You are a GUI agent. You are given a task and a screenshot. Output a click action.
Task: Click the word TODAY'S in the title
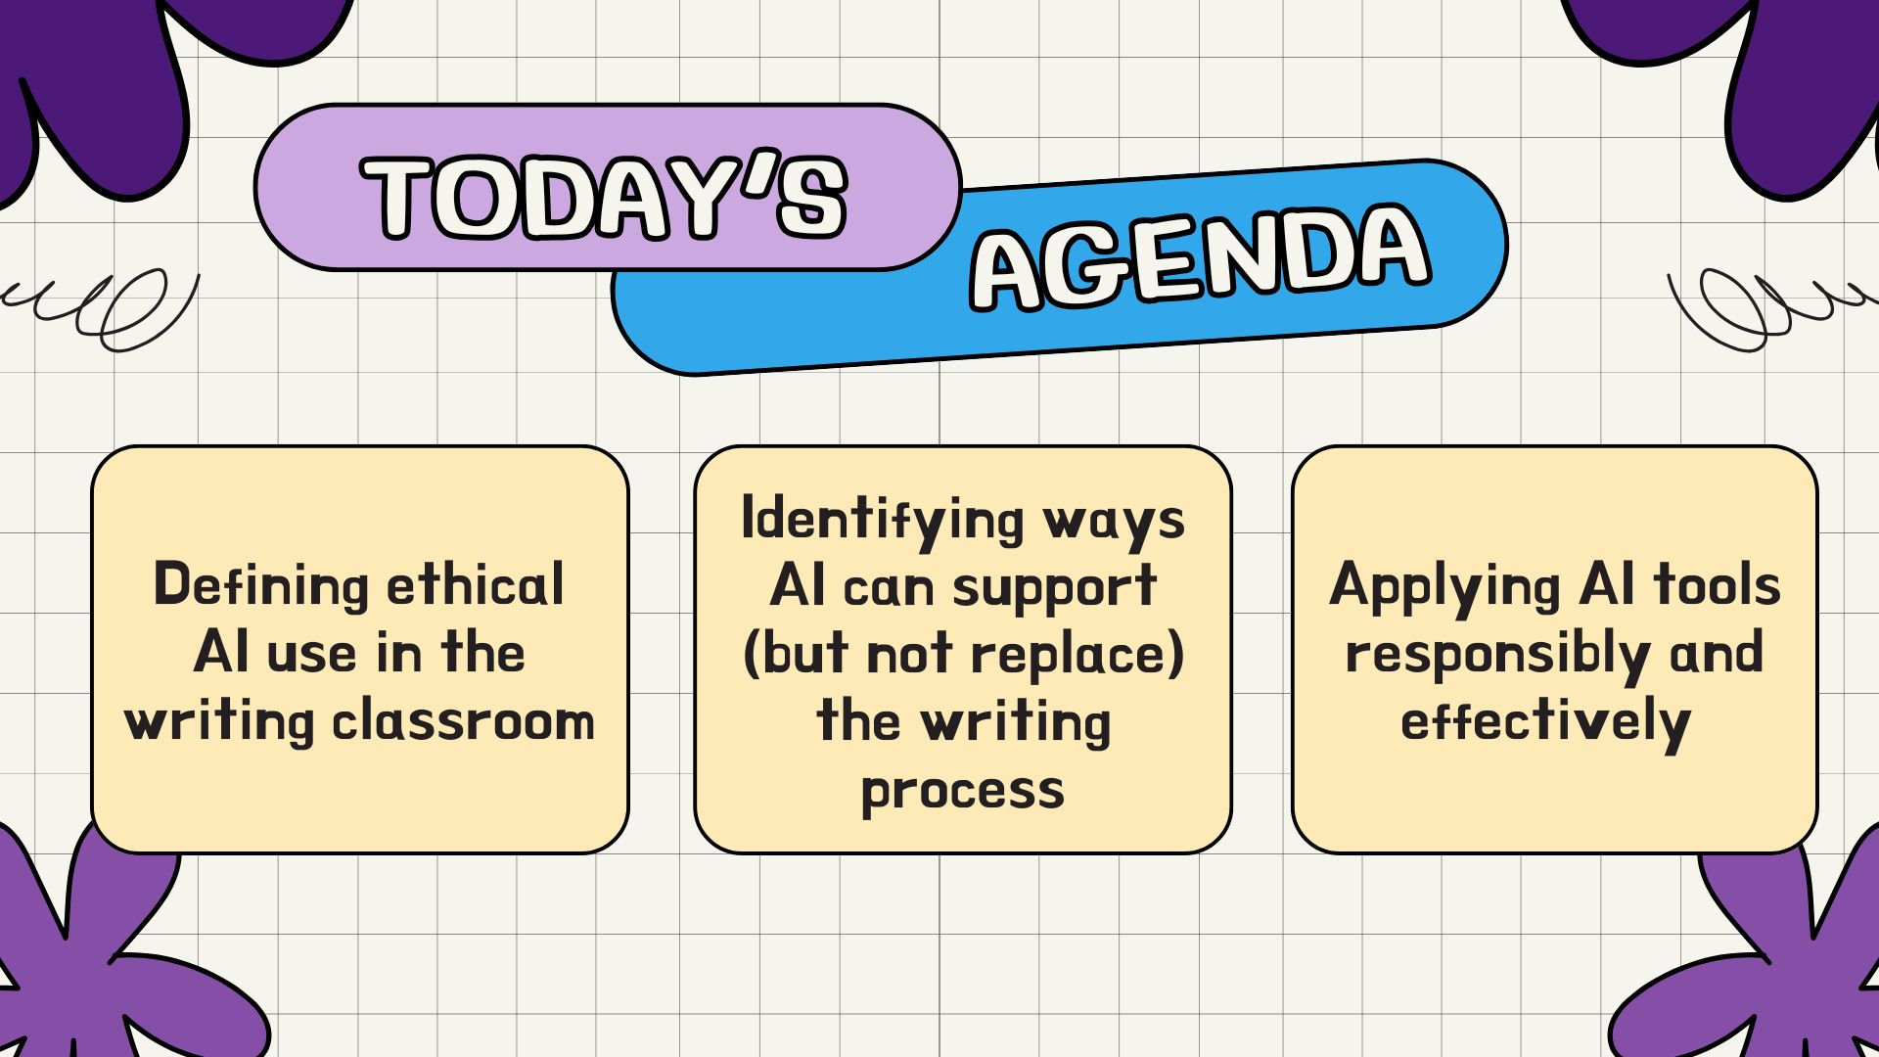(604, 196)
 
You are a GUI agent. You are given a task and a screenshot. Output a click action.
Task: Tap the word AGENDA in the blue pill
(1201, 257)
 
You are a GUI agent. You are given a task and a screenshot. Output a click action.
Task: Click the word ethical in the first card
(476, 584)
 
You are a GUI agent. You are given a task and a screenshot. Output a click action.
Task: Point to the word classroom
(463, 720)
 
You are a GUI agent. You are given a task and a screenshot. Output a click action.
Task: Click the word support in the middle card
(1055, 588)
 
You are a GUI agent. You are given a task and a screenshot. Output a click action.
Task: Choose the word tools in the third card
(1718, 584)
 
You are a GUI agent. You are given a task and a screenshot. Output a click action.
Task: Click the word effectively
(1545, 722)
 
